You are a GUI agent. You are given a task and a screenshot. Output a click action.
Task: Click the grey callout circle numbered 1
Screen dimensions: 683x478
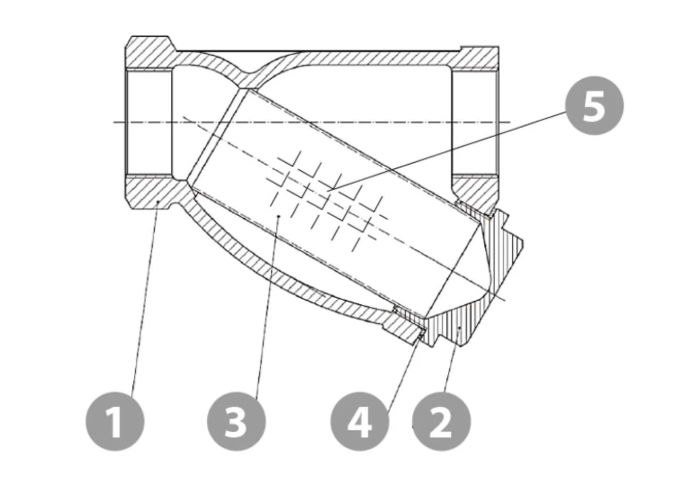[114, 421]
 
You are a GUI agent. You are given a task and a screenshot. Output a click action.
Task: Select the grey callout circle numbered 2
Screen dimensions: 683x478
[441, 421]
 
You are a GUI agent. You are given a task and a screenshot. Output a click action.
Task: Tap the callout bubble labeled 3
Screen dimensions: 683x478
[236, 421]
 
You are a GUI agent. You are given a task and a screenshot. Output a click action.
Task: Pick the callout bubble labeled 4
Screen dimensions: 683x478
[360, 421]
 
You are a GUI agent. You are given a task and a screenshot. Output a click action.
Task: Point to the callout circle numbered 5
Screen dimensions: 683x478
[594, 106]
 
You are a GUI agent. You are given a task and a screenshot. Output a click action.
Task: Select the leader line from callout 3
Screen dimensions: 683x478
[269, 304]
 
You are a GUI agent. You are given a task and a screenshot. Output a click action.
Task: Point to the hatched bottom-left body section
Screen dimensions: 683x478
[152, 192]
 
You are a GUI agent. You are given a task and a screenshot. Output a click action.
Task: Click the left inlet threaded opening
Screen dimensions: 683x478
[148, 123]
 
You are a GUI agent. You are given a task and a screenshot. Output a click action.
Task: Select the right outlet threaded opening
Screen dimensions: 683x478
[475, 123]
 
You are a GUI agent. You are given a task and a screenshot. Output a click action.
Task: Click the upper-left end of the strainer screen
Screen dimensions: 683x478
[213, 140]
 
